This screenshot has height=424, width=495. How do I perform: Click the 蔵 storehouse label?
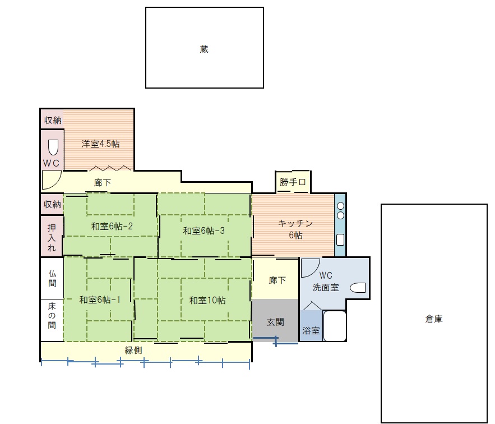pos(204,49)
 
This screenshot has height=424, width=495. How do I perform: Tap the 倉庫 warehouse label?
pos(434,319)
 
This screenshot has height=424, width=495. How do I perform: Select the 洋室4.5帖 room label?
pos(100,144)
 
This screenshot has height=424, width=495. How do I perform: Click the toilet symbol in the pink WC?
pos(53,148)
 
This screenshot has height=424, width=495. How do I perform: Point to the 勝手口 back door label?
pos(293,182)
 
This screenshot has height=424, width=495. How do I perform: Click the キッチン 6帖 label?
pos(295,229)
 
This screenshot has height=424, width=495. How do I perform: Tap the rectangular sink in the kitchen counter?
pos(340,240)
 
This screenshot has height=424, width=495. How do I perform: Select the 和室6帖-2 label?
pos(112,226)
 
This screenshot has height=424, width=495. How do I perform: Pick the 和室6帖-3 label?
pos(203,231)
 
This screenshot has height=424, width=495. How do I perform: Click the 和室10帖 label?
pos(207,300)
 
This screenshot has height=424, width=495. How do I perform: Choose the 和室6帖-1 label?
pos(100,299)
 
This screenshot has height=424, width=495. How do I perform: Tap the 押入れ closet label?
pos(52,237)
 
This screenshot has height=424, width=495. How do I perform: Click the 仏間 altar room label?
pos(52,278)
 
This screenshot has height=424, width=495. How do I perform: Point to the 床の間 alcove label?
pos(52,316)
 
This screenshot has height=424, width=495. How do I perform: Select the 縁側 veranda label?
pos(133,350)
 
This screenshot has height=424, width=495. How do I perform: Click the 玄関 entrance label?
pos(275,322)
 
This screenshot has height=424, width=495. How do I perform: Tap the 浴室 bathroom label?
pos(311,330)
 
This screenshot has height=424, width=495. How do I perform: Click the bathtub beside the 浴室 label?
pos(335,326)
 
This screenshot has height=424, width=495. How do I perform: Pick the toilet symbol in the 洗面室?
pos(358,288)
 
